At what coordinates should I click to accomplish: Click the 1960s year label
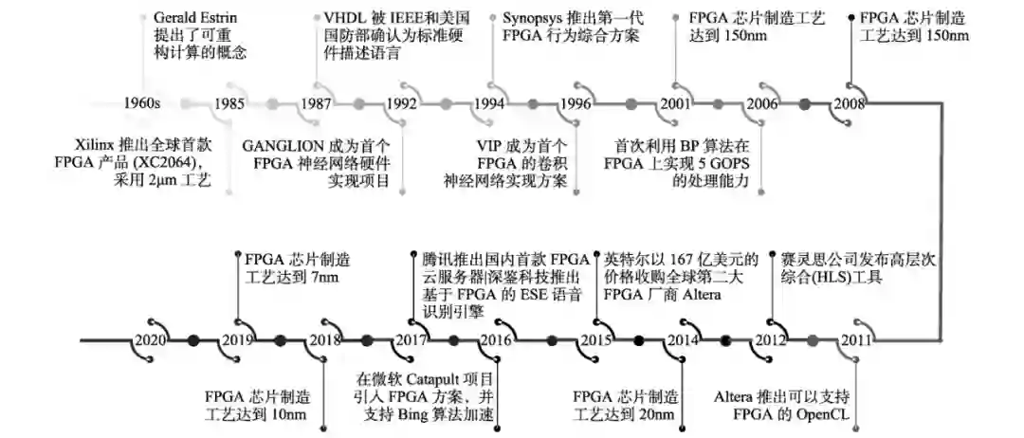click(143, 103)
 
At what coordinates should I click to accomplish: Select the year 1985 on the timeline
click(230, 103)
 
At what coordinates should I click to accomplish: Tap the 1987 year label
click(317, 103)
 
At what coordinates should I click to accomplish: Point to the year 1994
click(489, 103)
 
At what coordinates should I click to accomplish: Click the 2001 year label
click(675, 103)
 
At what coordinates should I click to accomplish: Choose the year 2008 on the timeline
click(848, 103)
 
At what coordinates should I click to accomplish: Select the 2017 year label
click(412, 340)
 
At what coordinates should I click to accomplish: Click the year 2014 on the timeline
click(683, 340)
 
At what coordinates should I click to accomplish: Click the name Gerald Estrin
click(195, 18)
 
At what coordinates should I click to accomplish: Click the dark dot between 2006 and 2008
click(805, 103)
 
